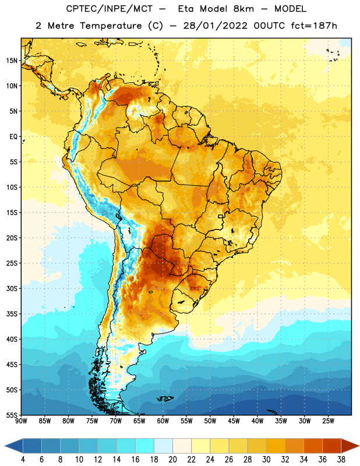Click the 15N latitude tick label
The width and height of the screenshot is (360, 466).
click(x=12, y=61)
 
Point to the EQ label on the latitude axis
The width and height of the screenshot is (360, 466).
click(x=13, y=137)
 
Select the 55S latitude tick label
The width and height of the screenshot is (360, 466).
click(x=12, y=415)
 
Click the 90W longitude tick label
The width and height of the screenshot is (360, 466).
click(x=21, y=421)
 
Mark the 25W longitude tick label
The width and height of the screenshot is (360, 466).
click(x=328, y=421)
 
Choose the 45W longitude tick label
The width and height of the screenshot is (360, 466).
click(x=234, y=421)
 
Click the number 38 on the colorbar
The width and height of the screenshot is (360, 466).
click(x=341, y=460)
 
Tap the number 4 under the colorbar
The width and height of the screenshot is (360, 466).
click(x=23, y=460)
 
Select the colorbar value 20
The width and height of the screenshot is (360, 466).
click(x=172, y=460)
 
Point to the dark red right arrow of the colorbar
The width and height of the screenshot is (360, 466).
click(x=350, y=446)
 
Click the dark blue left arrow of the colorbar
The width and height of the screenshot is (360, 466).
click(x=13, y=446)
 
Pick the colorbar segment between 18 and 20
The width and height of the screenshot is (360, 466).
click(x=163, y=446)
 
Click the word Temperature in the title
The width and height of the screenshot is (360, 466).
click(x=111, y=26)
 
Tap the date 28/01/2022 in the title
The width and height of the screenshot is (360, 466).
click(x=215, y=26)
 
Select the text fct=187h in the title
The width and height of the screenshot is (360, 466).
click(x=314, y=26)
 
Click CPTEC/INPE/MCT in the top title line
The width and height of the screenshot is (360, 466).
click(x=109, y=9)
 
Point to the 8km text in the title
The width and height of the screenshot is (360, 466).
click(x=243, y=9)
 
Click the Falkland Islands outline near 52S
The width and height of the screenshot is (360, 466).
click(x=165, y=398)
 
